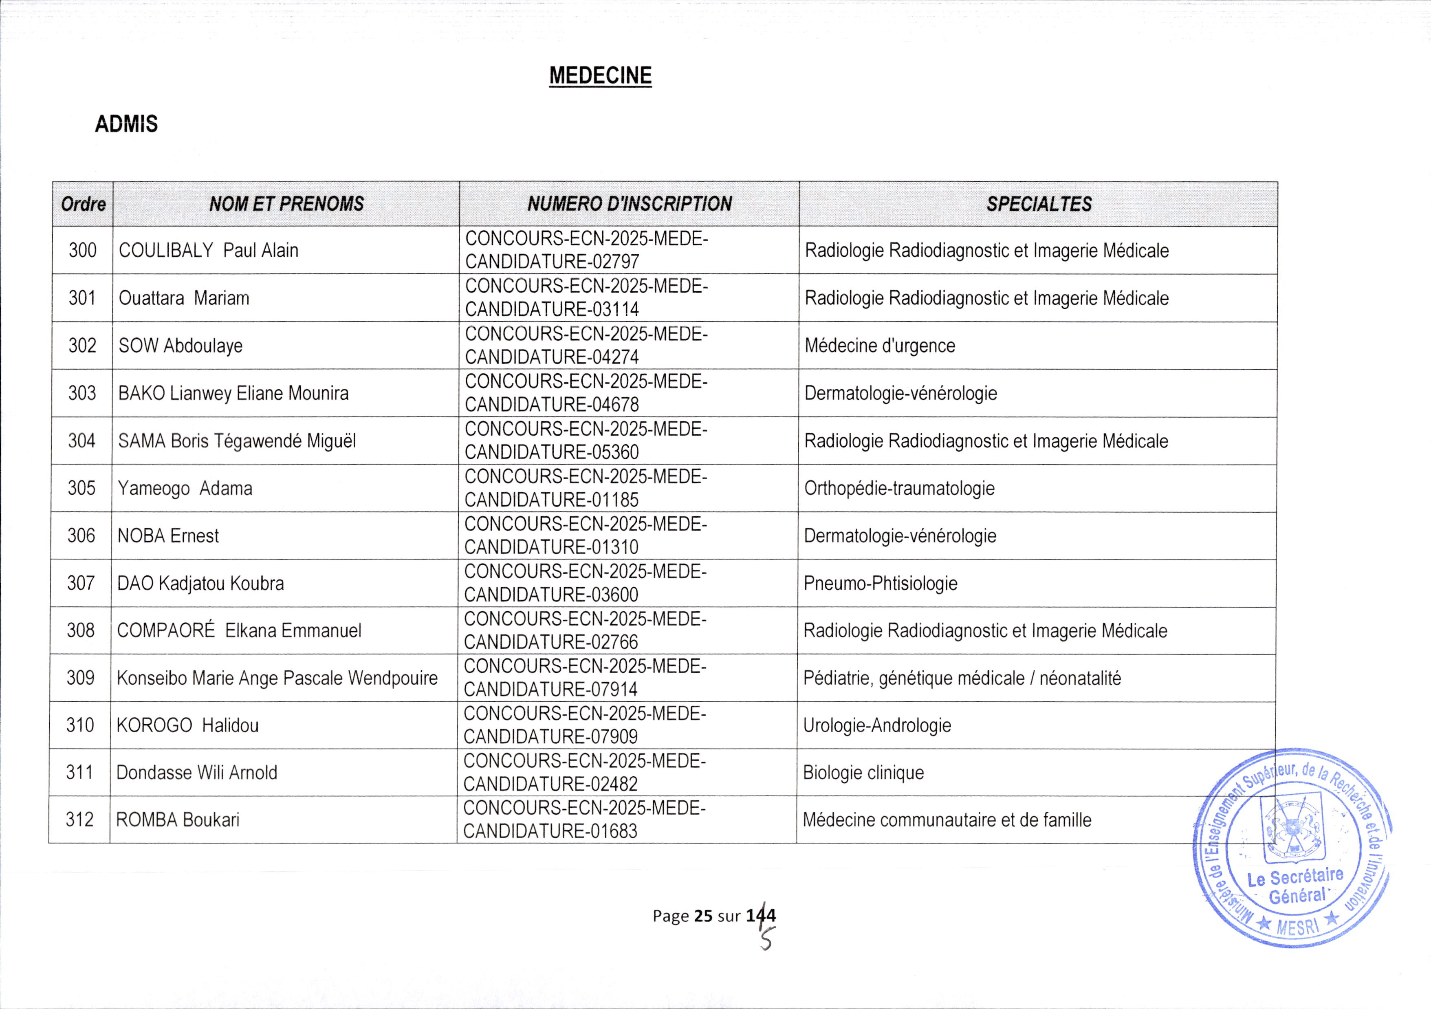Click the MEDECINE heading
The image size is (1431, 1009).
pyautogui.click(x=600, y=75)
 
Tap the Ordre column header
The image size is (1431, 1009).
pyautogui.click(x=83, y=204)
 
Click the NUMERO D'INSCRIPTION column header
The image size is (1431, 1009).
pyautogui.click(x=630, y=204)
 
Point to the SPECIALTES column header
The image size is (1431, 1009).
pyautogui.click(x=1038, y=204)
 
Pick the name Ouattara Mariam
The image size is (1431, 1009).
pyautogui.click(x=184, y=298)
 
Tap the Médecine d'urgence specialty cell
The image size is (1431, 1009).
pyautogui.click(x=879, y=345)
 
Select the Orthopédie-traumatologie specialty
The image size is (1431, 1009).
pyautogui.click(x=899, y=488)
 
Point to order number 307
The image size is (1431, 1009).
pyautogui.click(x=81, y=583)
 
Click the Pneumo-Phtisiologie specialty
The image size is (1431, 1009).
pyautogui.click(x=880, y=583)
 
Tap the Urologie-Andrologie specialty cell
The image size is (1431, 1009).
pyautogui.click(x=877, y=725)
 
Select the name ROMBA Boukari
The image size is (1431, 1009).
pyautogui.click(x=178, y=820)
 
